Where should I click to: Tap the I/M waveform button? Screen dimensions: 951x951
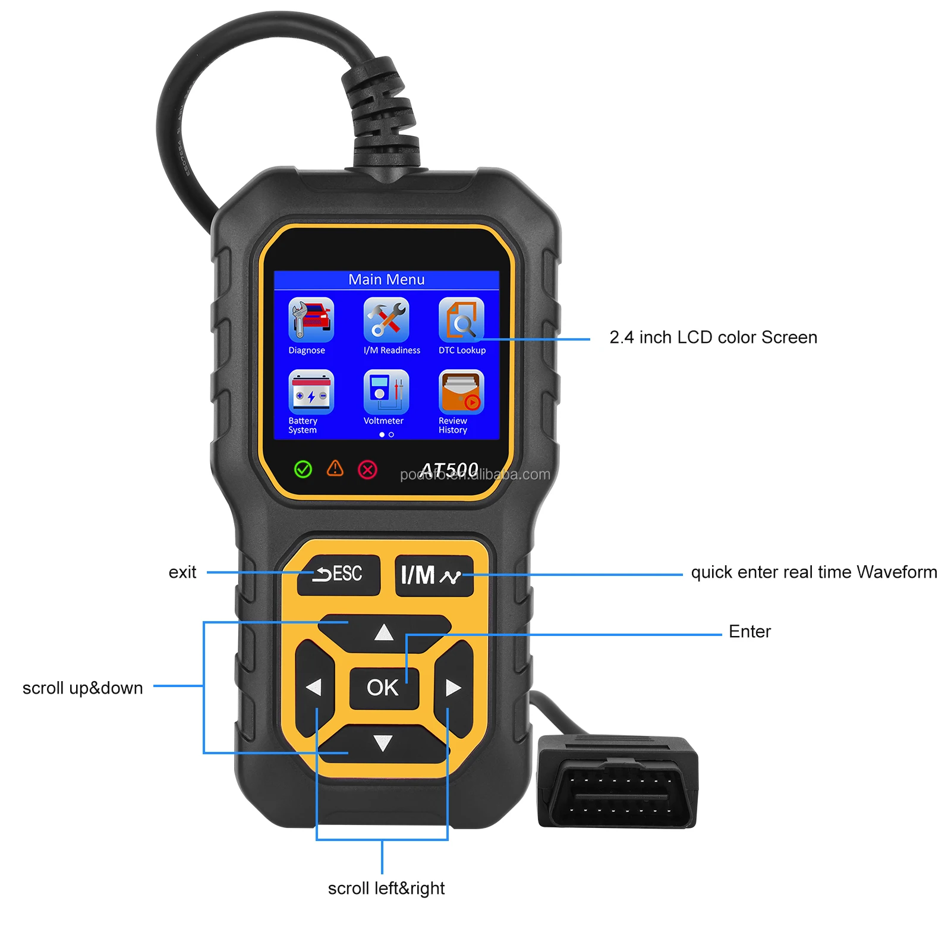point(434,575)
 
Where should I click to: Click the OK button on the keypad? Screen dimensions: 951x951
point(383,688)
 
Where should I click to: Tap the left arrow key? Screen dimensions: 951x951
point(314,688)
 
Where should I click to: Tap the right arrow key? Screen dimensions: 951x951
point(454,688)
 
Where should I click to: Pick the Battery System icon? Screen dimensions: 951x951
point(311,392)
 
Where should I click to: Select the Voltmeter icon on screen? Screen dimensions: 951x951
point(386,392)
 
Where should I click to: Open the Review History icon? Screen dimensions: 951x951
point(461,392)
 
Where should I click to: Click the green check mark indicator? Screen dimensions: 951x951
point(303,470)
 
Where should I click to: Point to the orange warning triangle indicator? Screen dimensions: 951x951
point(335,468)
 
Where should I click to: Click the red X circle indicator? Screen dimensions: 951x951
point(367,470)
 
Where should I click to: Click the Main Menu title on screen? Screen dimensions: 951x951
point(386,279)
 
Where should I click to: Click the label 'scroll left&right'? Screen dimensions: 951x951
point(386,888)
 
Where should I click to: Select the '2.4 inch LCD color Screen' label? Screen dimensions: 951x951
point(713,337)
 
